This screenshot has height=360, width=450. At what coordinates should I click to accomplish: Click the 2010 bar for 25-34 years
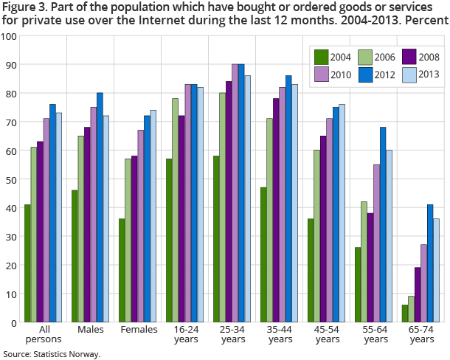[x=235, y=193]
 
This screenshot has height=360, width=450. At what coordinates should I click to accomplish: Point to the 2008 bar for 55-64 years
[x=370, y=267]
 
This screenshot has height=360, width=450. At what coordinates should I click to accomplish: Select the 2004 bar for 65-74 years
[x=405, y=314]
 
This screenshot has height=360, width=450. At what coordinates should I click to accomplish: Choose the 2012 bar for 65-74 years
[x=430, y=263]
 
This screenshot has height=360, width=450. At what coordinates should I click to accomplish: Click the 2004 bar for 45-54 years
[x=311, y=270]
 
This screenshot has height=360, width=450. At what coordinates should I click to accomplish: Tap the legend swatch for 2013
[x=409, y=74]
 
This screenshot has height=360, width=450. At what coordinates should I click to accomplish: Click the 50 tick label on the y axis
[x=11, y=179]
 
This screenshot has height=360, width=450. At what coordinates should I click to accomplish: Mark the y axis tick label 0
[x=14, y=322]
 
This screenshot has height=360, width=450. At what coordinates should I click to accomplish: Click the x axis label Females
[x=140, y=330]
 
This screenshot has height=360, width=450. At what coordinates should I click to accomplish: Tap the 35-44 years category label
[x=280, y=334]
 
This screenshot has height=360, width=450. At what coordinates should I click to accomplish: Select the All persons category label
[x=43, y=334]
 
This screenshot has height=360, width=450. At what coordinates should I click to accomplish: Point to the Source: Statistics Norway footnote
[x=51, y=354]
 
